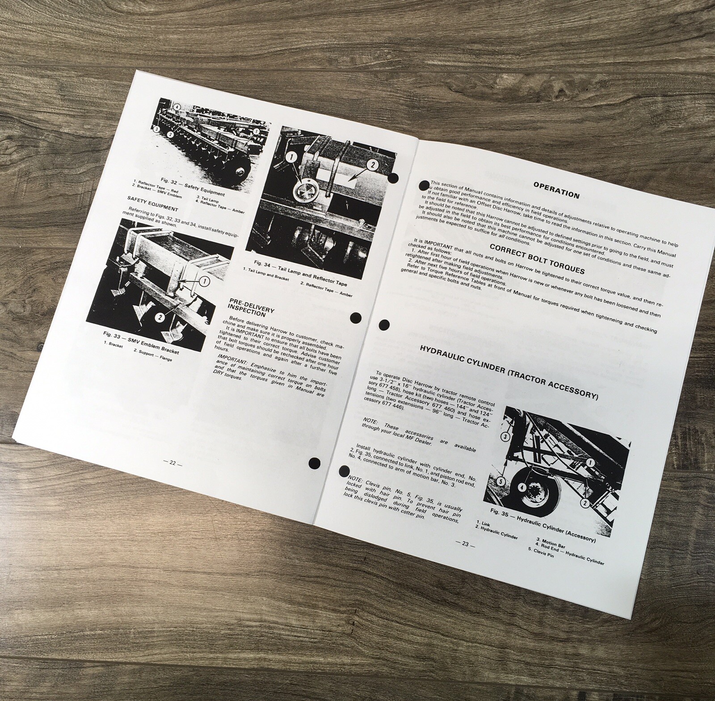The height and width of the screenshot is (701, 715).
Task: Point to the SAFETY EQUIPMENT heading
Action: [x=152, y=208]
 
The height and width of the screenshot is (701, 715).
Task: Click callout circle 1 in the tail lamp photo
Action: [x=291, y=158]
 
